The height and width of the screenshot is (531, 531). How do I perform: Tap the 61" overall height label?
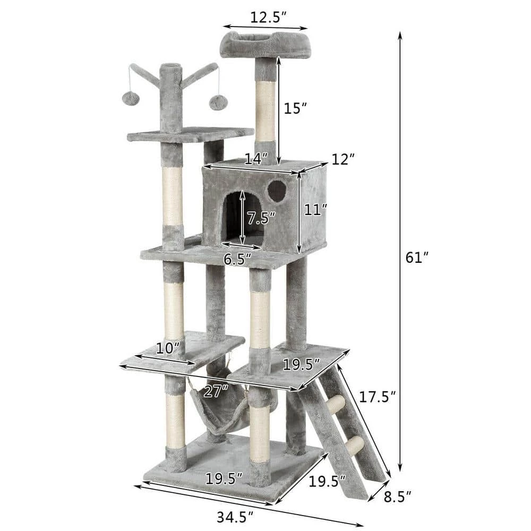click(416, 258)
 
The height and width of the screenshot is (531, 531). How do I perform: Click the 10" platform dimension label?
click(167, 349)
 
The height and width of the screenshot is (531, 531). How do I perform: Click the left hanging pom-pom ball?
click(130, 99)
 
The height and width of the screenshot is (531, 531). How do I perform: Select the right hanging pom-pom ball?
click(217, 102)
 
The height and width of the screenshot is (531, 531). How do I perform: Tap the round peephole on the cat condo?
click(277, 191)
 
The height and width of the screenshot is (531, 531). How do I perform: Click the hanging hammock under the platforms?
click(223, 409)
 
